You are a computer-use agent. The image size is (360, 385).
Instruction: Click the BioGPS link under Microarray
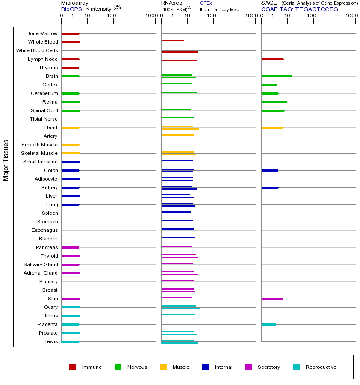coord(71,9)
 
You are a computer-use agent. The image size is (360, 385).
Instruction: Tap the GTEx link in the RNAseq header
coord(206,3)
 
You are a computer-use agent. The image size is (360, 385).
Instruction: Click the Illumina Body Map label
coord(219,9)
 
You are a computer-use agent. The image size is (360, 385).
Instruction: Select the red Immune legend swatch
coord(73,367)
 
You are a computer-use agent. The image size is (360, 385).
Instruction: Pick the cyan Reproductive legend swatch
coord(296,367)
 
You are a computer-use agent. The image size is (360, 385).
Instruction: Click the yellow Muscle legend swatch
coord(163,367)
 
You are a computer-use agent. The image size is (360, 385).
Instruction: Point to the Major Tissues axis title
coord(6,160)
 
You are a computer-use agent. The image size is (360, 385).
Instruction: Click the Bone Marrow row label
coord(42,33)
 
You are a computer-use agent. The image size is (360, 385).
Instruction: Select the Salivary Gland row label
coord(41,264)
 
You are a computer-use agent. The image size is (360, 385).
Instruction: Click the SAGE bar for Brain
coord(276,76)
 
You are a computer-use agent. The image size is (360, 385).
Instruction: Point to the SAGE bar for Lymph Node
coord(272,59)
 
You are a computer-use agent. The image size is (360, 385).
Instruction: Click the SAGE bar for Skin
coord(272,299)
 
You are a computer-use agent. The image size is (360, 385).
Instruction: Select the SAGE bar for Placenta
coord(269,324)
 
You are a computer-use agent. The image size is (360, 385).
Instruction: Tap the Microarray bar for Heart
coord(70,127)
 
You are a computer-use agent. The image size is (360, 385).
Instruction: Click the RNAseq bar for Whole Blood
coord(172,41)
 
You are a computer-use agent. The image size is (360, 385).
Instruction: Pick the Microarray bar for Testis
coord(70,341)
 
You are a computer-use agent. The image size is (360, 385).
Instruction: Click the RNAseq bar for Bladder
coord(178,237)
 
